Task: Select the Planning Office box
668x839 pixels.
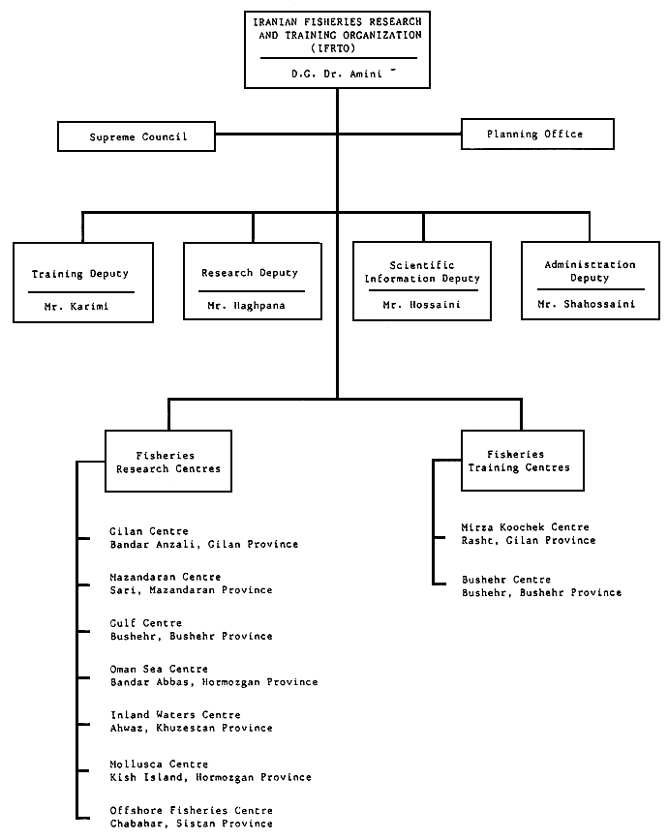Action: tap(536, 134)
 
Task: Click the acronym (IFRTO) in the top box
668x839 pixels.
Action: tap(337, 45)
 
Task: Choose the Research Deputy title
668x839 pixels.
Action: tap(250, 273)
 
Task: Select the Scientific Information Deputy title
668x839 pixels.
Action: tap(422, 272)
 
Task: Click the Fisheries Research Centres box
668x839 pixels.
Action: tap(168, 462)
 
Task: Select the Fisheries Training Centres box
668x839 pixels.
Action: tap(521, 461)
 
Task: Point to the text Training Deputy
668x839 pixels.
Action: tap(80, 274)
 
